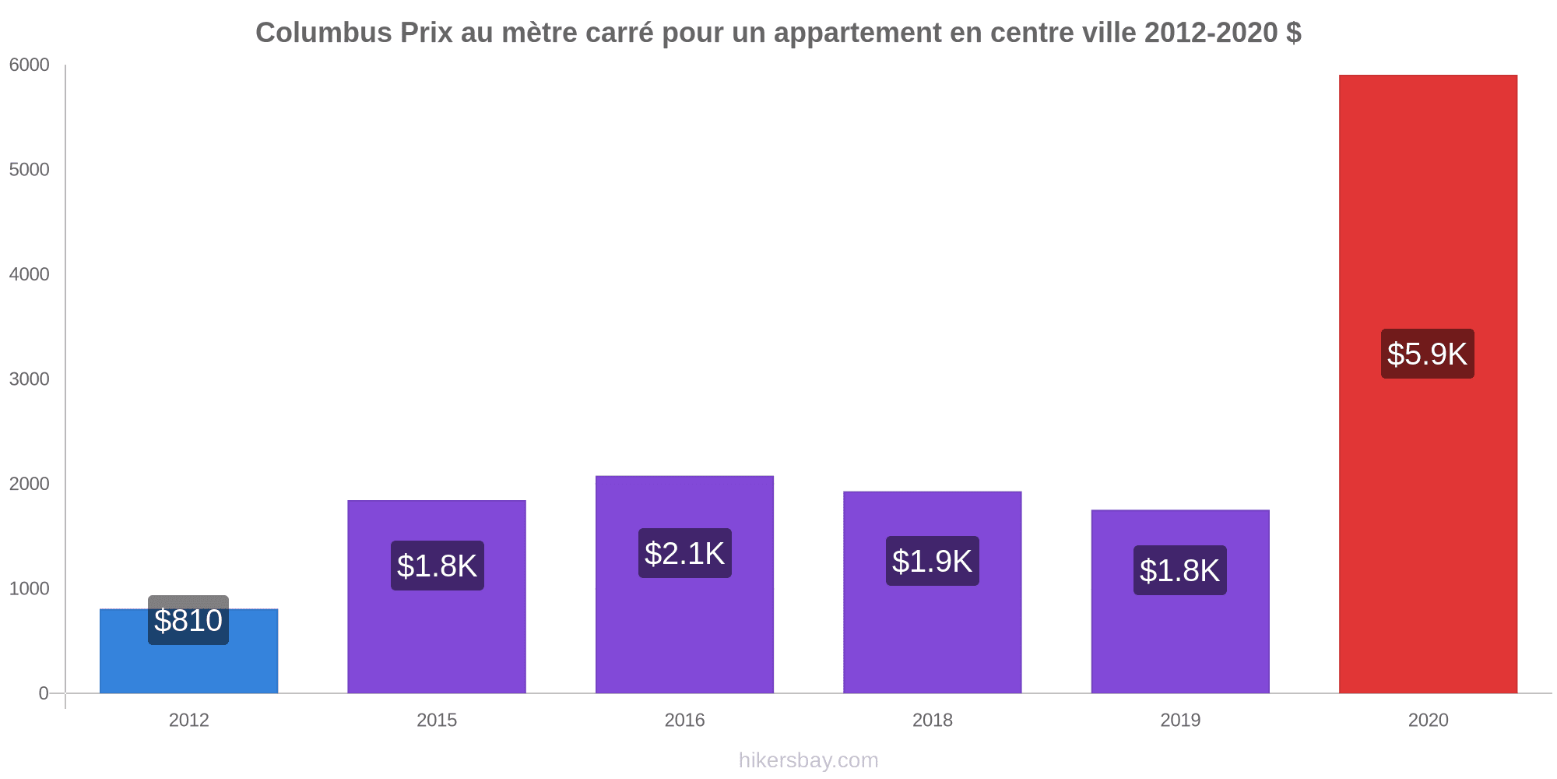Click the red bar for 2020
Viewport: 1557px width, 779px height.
pos(1428,506)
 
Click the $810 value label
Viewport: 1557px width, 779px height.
pos(188,620)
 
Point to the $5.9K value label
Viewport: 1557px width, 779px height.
pos(1427,354)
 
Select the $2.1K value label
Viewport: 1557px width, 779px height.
pos(684,553)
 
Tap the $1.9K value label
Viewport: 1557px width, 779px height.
pos(932,561)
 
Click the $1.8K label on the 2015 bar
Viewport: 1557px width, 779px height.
pos(437,566)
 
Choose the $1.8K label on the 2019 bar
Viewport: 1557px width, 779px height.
pos(1179,570)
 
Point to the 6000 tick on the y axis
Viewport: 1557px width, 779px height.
pos(30,65)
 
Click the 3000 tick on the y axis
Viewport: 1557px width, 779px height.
pos(30,379)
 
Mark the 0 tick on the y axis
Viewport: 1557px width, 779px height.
pos(44,693)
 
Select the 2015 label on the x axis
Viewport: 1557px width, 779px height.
pos(437,720)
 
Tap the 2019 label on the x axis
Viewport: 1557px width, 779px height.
pos(1180,720)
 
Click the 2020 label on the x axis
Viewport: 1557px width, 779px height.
pos(1428,720)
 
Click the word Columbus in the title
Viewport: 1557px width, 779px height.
pos(323,33)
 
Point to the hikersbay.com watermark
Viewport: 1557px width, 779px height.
pos(808,760)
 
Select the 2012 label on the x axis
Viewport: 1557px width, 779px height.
pos(189,720)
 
